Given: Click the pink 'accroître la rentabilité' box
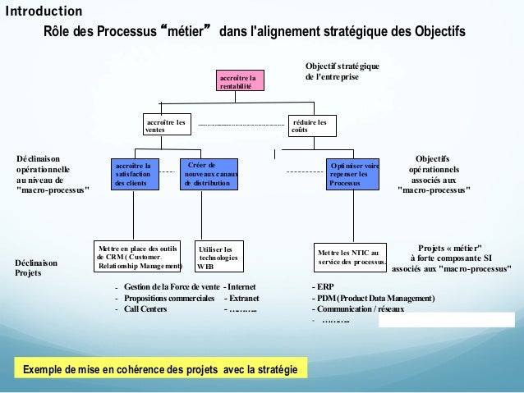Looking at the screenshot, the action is [x=241, y=81].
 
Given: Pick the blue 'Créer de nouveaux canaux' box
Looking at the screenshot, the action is [x=209, y=174].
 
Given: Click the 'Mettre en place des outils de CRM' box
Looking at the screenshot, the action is [x=138, y=256].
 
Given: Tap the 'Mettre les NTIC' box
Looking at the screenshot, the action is [x=351, y=258].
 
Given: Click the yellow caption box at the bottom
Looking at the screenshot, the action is [x=160, y=369].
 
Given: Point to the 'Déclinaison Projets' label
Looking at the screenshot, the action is [x=36, y=267].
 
